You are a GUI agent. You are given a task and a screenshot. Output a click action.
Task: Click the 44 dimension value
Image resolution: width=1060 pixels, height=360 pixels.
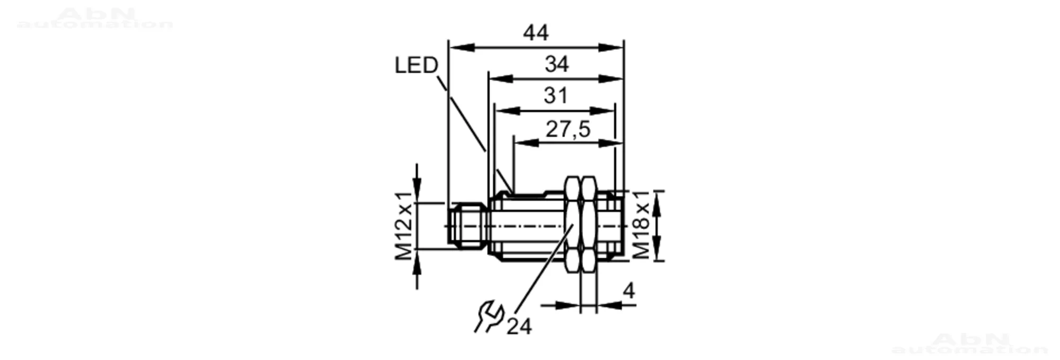[535, 33]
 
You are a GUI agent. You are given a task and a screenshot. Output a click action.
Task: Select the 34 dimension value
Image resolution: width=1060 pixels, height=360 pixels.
[556, 65]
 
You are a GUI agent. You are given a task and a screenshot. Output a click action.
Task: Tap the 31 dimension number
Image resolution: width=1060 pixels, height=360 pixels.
[555, 96]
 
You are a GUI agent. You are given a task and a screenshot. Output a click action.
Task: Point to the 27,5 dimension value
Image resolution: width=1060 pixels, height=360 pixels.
[568, 129]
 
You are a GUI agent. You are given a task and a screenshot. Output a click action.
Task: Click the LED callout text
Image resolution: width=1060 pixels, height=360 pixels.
[417, 65]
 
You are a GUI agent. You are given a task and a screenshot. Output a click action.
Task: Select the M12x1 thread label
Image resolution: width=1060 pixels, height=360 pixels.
[404, 226]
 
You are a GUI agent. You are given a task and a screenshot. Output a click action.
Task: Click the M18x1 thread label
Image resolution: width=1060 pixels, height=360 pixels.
[641, 225]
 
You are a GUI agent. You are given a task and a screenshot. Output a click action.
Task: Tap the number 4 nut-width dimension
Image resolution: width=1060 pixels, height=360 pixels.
[629, 291]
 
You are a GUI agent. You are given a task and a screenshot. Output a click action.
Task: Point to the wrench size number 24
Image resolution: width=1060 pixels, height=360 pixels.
[519, 327]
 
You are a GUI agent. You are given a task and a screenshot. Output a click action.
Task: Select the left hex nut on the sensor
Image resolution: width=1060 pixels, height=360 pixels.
[572, 225]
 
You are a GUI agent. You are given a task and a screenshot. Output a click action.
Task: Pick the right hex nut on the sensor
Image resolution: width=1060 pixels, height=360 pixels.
[588, 225]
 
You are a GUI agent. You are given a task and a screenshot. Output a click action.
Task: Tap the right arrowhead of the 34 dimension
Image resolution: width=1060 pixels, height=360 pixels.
[611, 79]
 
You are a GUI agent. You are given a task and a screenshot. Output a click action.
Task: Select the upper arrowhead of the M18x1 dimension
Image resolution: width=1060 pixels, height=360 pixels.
[657, 204]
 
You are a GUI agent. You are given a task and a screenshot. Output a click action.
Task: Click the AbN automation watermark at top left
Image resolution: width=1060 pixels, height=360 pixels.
[95, 18]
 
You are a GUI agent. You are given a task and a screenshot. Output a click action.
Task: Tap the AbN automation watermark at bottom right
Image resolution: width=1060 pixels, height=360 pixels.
[969, 343]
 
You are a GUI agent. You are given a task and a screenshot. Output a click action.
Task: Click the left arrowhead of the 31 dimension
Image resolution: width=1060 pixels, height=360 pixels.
[507, 111]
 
